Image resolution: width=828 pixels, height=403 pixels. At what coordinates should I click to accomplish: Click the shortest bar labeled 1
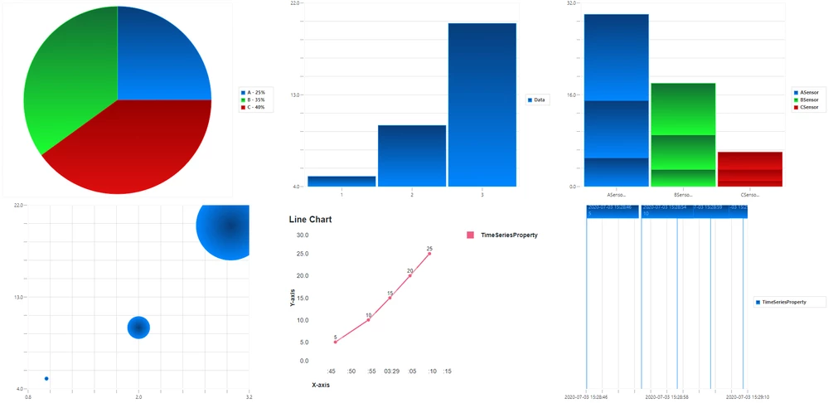pos(341,181)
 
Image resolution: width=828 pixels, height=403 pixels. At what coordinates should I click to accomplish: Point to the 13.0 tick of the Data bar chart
pos(294,95)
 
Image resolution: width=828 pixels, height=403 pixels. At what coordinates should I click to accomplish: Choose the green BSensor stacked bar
pos(683,133)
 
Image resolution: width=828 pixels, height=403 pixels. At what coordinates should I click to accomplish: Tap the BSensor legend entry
pos(809,100)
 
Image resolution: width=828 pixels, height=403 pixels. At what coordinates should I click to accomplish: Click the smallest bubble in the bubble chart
pos(46,379)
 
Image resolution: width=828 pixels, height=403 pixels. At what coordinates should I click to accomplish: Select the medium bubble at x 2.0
pos(138,328)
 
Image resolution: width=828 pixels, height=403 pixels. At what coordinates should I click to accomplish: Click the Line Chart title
pos(310,220)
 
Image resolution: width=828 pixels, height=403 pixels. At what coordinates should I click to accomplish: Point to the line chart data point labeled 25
pos(429,254)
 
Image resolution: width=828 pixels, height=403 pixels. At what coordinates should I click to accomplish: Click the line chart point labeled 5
pos(336,342)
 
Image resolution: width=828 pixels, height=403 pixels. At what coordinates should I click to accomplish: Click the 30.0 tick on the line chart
pos(302,235)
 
